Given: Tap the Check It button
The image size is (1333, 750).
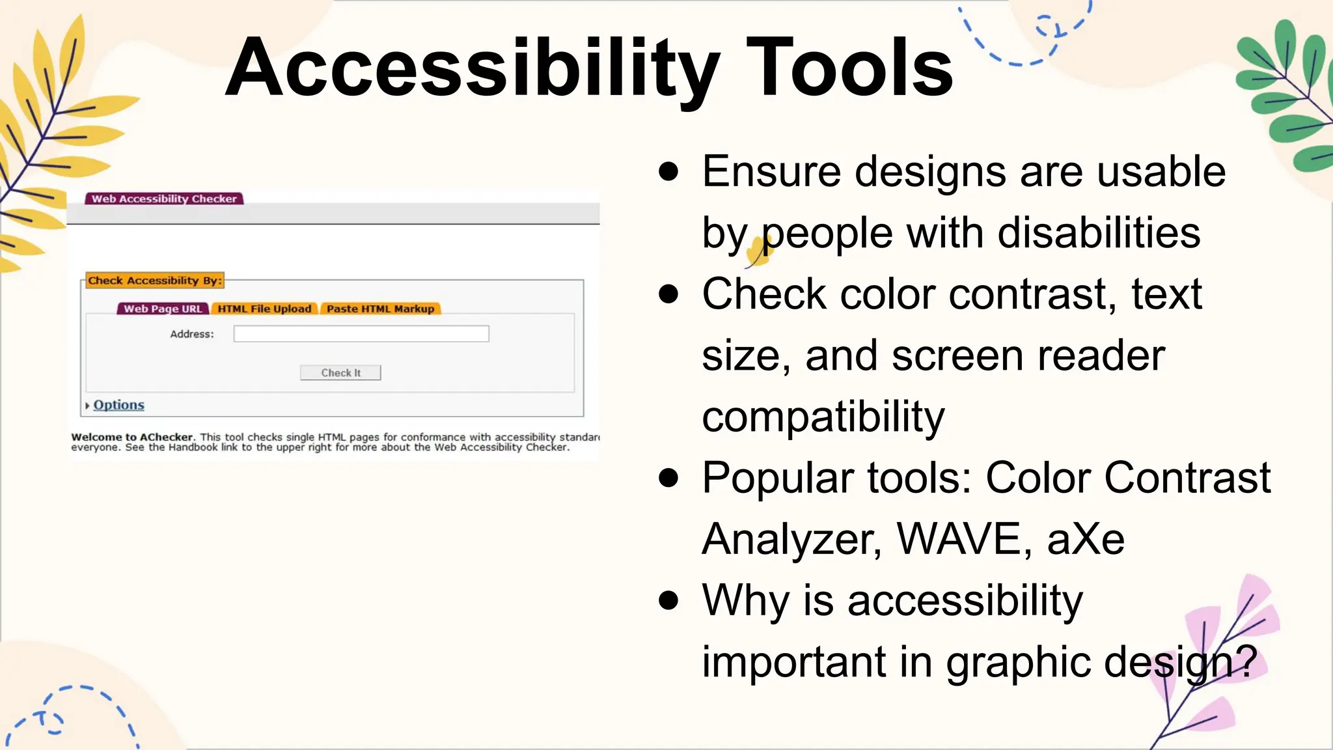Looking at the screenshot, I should click(x=340, y=372).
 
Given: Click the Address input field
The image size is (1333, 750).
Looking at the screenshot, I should click(x=361, y=334).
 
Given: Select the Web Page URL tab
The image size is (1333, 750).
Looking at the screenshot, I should click(x=163, y=309).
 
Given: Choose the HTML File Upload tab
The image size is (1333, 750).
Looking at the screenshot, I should click(x=264, y=309).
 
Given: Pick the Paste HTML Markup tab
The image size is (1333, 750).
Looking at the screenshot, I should click(x=380, y=309).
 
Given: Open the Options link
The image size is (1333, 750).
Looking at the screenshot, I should click(x=118, y=405).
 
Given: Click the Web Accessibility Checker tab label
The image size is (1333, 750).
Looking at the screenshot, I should click(x=164, y=199).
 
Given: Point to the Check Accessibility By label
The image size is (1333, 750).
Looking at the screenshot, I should click(x=155, y=281).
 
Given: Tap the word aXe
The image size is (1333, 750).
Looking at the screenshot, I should click(x=1086, y=539).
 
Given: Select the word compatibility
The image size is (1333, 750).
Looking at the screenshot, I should click(x=823, y=417).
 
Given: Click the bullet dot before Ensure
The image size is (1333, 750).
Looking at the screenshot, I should click(x=668, y=172).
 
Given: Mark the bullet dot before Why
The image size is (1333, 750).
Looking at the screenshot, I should click(x=668, y=600).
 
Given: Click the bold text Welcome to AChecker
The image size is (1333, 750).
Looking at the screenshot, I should click(x=133, y=437).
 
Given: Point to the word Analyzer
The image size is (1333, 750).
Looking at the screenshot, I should click(x=791, y=539).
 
